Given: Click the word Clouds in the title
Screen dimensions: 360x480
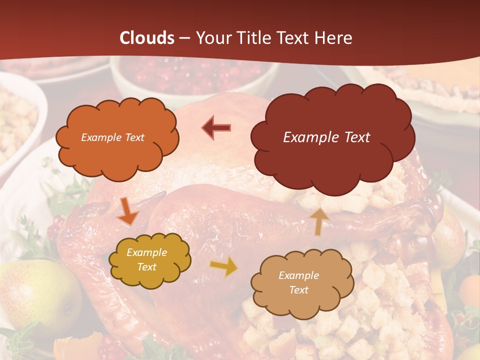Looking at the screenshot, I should click(x=147, y=38).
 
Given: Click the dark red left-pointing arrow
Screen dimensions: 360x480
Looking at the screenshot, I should click(x=216, y=127).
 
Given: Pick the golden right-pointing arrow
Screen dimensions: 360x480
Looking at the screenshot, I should click(x=224, y=267).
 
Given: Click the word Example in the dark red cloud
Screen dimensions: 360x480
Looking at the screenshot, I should click(x=309, y=137).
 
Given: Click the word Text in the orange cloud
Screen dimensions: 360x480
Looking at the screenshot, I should click(x=133, y=137).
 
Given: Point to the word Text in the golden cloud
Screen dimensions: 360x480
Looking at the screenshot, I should click(x=146, y=267).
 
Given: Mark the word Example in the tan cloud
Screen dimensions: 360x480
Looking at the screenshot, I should click(x=298, y=275).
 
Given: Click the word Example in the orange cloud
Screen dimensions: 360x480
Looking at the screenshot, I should click(x=100, y=137).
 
